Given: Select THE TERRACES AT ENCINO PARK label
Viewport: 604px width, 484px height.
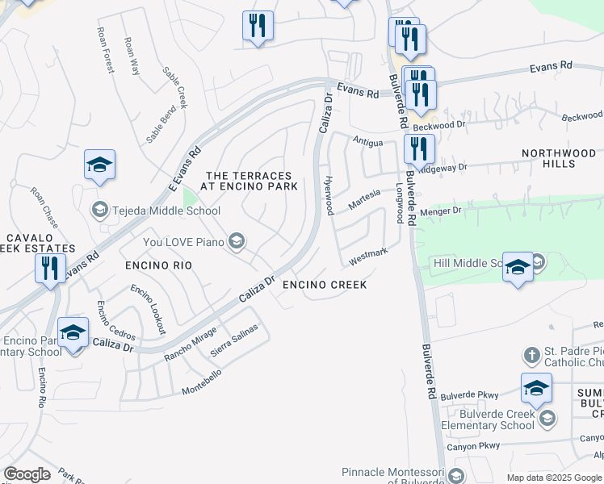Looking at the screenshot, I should (252, 181).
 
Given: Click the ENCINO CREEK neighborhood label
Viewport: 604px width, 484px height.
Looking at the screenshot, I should (325, 285).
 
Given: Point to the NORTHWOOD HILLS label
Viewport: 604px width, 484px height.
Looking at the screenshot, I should (559, 158).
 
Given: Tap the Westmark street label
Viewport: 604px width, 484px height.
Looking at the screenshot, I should (368, 257).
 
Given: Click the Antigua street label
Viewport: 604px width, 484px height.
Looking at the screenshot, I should (367, 140).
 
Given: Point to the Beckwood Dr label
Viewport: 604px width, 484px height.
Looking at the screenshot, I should (439, 126).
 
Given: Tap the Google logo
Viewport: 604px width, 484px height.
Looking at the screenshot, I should (27, 474).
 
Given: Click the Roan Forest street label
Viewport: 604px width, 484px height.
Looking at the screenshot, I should (104, 50).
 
